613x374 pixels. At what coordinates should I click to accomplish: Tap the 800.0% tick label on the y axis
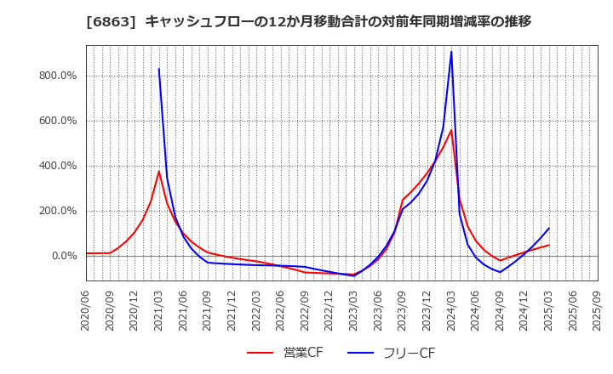coord(59,76)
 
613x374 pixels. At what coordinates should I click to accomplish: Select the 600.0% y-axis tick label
coord(59,121)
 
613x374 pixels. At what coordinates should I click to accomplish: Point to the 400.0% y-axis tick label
coord(59,166)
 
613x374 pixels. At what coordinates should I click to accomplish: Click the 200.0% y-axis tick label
coord(59,211)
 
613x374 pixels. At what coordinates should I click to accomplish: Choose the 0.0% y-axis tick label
coord(64,256)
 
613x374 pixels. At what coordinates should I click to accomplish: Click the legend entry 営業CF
coord(286,353)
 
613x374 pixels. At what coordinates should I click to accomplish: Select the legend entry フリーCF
coord(392,353)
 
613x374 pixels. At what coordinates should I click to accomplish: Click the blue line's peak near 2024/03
coord(451,52)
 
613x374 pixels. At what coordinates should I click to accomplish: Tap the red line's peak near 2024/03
coord(451,130)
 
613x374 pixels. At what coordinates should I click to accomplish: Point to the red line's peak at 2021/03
coord(158,172)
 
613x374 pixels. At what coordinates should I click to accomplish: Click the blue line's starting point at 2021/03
coord(158,69)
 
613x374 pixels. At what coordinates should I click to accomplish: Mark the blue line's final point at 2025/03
coord(548,228)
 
